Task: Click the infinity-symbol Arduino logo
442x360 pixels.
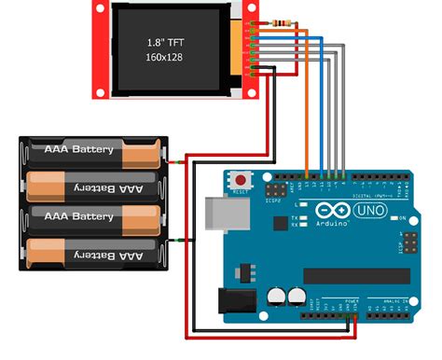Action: click(x=327, y=212)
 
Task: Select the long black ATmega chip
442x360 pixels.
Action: click(x=354, y=276)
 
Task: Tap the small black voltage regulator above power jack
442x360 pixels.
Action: click(x=248, y=271)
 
